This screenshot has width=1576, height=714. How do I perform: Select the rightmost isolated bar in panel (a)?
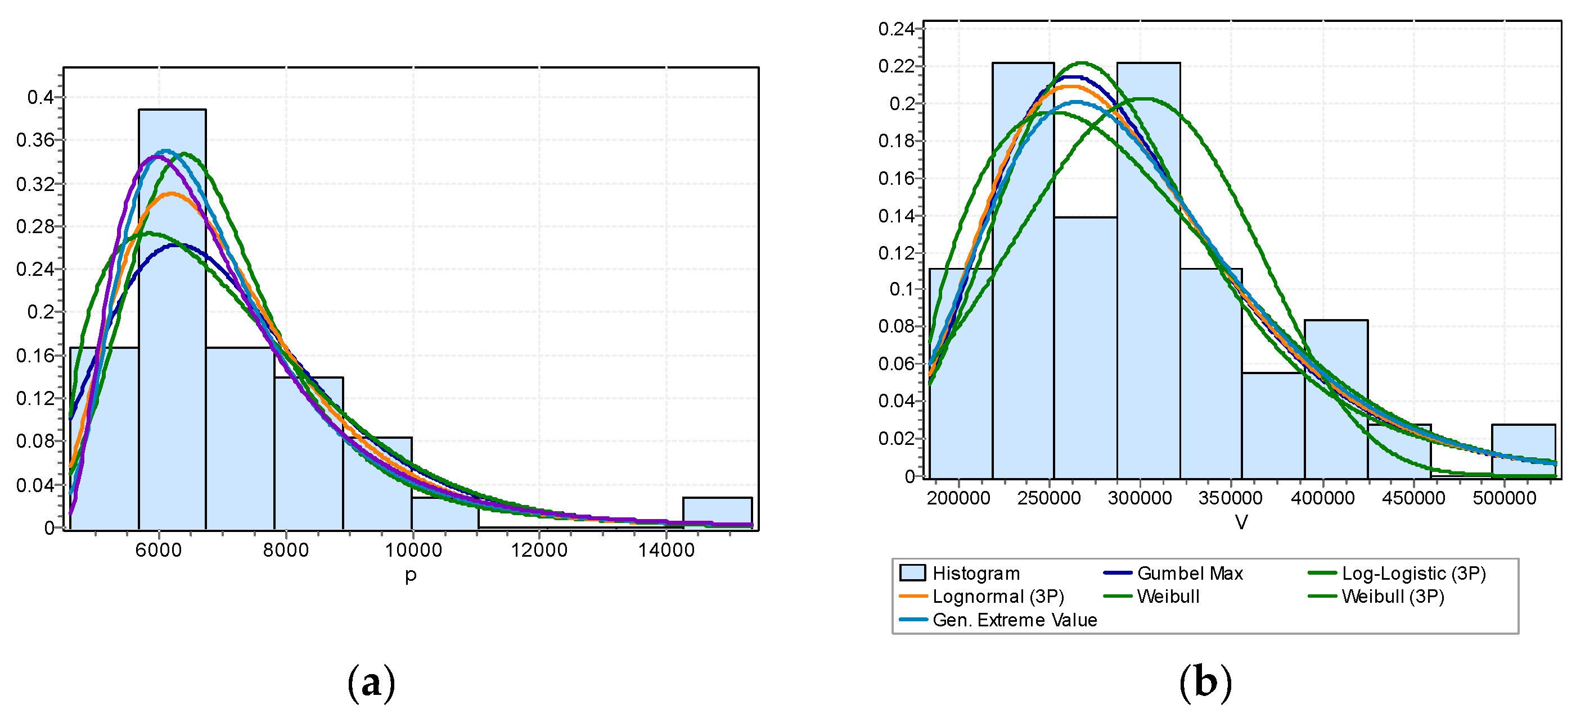717,512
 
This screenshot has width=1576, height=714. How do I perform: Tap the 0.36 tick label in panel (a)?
35,140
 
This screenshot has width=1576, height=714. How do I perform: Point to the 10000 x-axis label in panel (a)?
413,550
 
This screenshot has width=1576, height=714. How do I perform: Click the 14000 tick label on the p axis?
667,550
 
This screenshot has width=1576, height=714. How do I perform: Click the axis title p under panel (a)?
411,575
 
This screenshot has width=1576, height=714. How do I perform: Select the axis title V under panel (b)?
1241,522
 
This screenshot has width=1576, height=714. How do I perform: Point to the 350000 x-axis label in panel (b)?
1230,498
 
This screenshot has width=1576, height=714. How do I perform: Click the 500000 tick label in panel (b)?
1505,498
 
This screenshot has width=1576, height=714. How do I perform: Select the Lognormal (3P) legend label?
998,597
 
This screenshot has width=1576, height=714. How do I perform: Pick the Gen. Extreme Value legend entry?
1014,620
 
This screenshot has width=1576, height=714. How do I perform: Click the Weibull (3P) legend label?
1393,597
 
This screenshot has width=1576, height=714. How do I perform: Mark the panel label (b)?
1205,682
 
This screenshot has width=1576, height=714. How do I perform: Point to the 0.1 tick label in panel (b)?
902,289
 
